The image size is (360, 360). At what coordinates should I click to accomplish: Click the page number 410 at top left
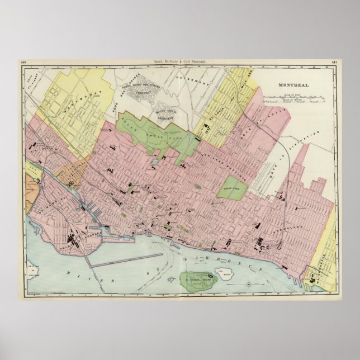(23, 62)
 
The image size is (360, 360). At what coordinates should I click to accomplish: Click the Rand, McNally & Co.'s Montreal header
(180, 62)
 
